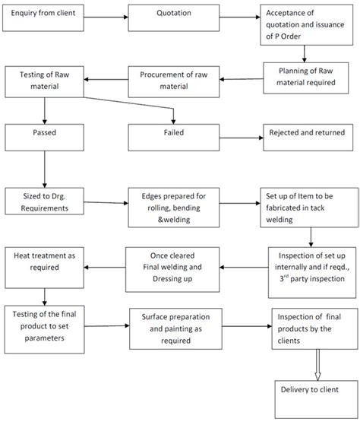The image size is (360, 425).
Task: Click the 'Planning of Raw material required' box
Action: [x=308, y=75]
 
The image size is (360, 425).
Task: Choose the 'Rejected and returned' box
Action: [x=308, y=135]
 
